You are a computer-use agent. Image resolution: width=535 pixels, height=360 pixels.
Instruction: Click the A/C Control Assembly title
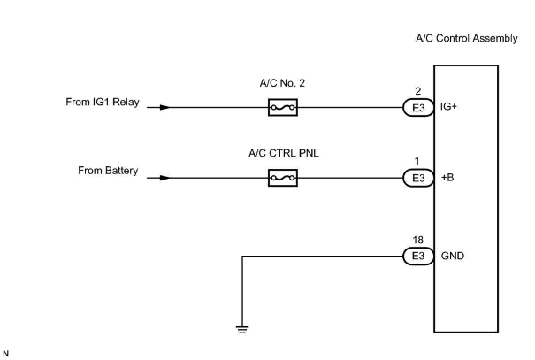466,38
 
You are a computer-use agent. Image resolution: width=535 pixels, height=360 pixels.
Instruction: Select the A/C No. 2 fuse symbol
283,107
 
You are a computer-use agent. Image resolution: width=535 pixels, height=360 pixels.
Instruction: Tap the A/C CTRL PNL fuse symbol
283,178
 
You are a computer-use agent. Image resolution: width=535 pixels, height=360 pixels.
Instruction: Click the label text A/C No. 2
283,83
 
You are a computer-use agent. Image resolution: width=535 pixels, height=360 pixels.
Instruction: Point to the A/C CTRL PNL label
283,153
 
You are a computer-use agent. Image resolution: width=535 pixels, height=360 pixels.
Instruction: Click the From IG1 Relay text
103,102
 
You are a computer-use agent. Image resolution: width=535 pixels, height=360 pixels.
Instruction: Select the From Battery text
108,171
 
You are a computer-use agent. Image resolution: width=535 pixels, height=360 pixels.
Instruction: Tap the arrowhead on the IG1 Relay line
164,107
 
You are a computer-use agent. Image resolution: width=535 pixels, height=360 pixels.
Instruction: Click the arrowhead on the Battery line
164,178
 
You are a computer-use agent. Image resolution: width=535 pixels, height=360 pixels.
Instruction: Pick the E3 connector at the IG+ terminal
418,108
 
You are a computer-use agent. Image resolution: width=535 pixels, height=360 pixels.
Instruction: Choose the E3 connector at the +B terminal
418,178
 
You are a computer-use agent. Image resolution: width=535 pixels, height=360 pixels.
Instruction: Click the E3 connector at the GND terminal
418,257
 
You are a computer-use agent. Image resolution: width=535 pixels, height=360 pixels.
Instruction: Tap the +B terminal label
447,178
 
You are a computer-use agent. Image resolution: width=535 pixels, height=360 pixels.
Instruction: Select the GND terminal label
453,256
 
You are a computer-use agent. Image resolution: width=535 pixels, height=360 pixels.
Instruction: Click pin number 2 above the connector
418,92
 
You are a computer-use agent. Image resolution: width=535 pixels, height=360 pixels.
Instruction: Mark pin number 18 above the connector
418,240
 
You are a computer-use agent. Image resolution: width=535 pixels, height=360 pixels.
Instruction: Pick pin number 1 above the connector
417,162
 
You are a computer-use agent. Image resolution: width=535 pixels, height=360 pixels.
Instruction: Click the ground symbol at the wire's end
242,329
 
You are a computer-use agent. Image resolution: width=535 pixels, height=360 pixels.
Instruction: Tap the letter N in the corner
6,353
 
